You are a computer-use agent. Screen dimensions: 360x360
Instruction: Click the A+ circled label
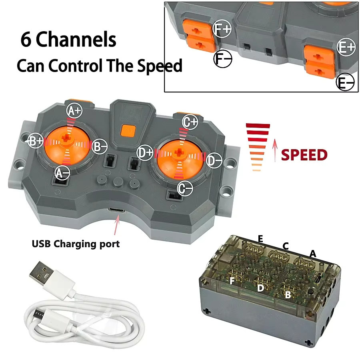coord(74,111)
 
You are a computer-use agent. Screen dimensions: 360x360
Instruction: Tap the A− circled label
coord(62,173)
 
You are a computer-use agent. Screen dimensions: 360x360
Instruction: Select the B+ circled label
coord(35,140)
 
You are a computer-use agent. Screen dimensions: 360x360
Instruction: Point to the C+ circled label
coord(190,122)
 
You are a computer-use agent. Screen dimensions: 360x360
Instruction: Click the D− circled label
coord(214,160)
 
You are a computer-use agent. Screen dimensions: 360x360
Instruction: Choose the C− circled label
coord(185,188)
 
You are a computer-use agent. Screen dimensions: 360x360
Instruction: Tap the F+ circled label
coord(222,29)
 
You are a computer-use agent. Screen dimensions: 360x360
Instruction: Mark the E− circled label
coord(345,82)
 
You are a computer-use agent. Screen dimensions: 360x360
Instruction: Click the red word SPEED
coord(304,154)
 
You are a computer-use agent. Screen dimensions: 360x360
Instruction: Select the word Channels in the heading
coord(76,39)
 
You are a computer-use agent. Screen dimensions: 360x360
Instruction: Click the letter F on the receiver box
coord(232,280)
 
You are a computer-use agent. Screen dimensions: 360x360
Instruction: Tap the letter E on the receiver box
coord(260,239)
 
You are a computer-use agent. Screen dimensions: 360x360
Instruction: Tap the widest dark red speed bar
coord(258,126)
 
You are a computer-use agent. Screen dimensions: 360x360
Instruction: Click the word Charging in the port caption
coord(75,244)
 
